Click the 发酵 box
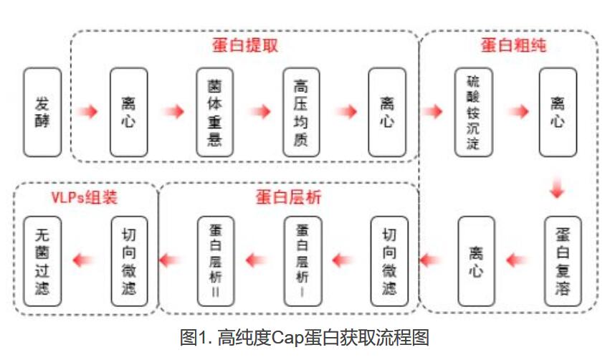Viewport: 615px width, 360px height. coord(42,112)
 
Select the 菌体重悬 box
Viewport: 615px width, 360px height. coord(215,112)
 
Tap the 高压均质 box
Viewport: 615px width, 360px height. coord(301,112)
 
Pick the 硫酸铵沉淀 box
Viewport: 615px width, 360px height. coord(473,112)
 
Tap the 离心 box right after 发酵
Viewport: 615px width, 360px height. coord(129,112)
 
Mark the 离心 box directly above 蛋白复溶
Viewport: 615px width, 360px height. coord(558,112)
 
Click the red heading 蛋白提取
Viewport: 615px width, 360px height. coord(244,45)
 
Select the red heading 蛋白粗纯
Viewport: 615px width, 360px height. coord(514,45)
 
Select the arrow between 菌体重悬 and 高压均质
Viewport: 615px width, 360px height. coord(259,112)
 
